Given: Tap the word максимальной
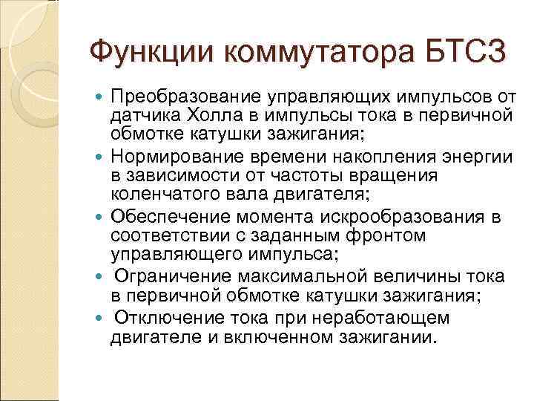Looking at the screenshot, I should pos(314,277).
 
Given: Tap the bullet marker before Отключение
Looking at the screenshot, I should pos(101,319).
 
